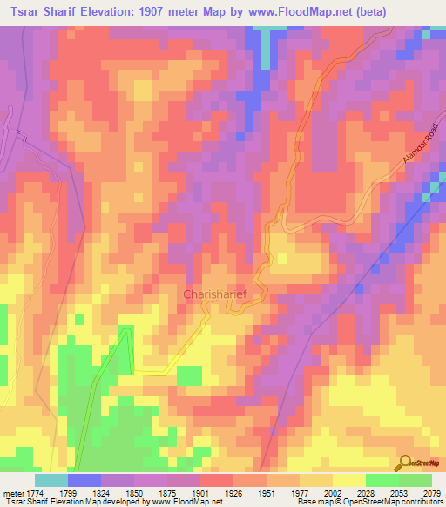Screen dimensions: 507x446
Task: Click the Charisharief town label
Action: pyautogui.click(x=217, y=294)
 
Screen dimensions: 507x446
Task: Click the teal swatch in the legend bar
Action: pyautogui.click(x=51, y=480)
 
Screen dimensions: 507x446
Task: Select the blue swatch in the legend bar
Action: pyautogui.click(x=84, y=480)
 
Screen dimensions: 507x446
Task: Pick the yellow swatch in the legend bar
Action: pyautogui.click(x=348, y=480)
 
